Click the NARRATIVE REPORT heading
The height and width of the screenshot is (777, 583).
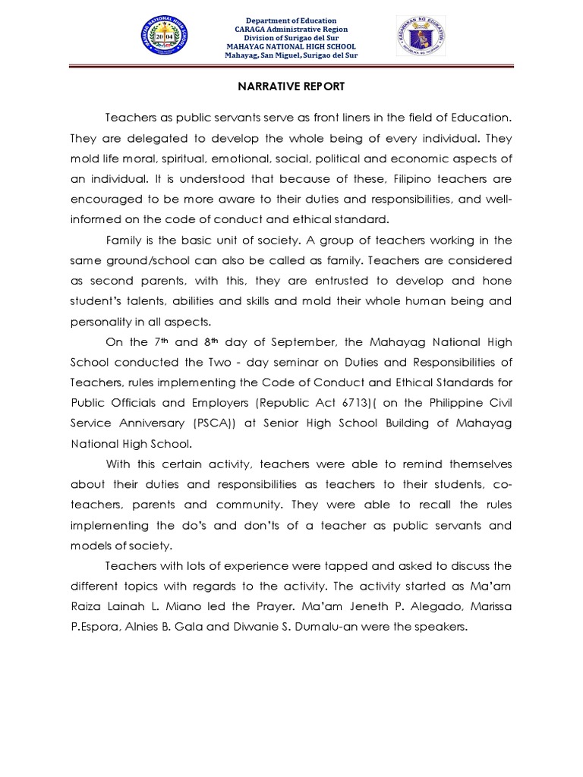[x=291, y=87]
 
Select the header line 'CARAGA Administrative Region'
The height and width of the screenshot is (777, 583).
[x=291, y=29]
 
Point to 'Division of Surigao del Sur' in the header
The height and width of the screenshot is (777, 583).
[x=291, y=38]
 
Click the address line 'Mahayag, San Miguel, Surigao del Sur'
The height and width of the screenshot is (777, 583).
[x=291, y=55]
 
